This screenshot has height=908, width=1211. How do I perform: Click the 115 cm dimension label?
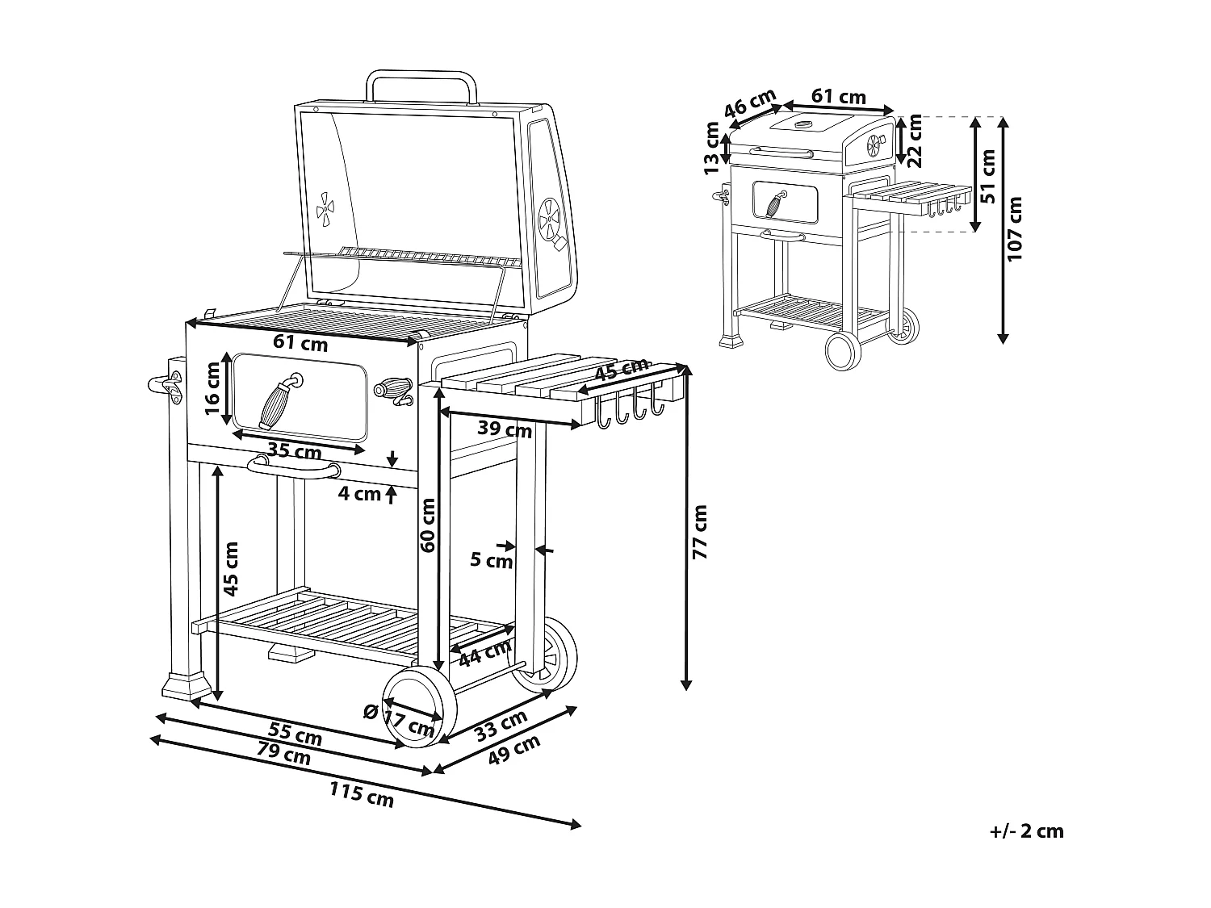click(x=361, y=795)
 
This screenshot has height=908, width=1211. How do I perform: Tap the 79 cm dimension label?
click(x=285, y=754)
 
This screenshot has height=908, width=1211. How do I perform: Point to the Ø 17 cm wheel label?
click(x=398, y=719)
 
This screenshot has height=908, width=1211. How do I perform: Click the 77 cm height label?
click(x=699, y=533)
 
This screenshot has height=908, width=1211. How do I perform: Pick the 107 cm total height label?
click(x=1015, y=228)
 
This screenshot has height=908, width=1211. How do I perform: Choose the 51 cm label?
click(x=988, y=175)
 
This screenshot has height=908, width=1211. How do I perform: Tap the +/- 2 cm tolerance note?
click(x=1026, y=831)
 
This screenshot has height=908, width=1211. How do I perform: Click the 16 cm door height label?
click(x=212, y=388)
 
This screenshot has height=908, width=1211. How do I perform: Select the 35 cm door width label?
click(x=295, y=451)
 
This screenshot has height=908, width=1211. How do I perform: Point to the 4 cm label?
click(x=358, y=493)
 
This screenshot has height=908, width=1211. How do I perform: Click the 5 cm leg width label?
click(x=492, y=559)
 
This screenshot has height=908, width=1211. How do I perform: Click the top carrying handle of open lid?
click(x=420, y=84)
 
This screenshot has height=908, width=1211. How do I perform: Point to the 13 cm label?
click(x=711, y=149)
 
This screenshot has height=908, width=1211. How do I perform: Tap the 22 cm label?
click(x=914, y=140)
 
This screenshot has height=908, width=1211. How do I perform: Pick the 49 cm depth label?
click(x=515, y=752)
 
